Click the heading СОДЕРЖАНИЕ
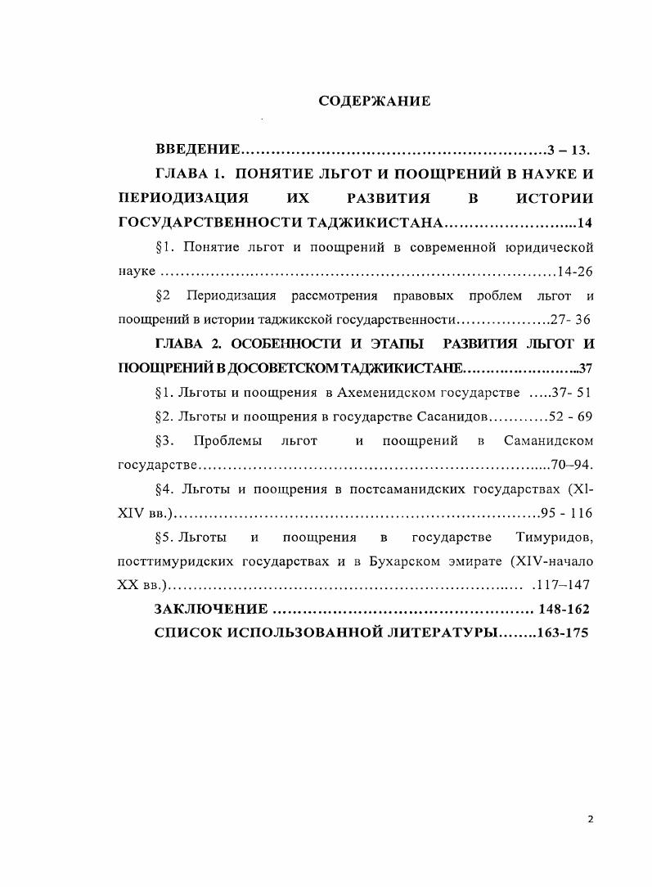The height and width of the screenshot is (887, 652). (x=374, y=102)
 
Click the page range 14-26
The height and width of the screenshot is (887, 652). (x=573, y=271)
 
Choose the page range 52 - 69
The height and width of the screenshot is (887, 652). (x=571, y=416)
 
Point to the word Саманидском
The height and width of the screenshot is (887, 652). (x=548, y=441)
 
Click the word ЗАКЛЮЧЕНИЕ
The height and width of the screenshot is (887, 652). (x=211, y=610)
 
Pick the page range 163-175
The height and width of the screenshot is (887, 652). (x=564, y=633)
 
